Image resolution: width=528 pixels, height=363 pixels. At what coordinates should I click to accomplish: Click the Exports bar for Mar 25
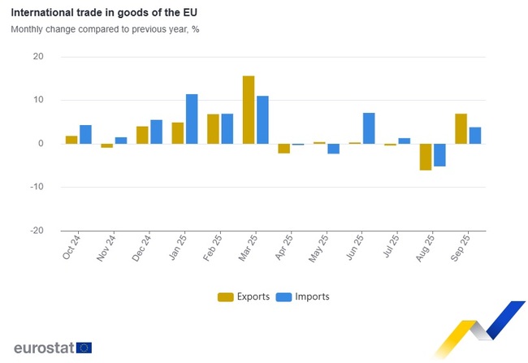[x=249, y=110]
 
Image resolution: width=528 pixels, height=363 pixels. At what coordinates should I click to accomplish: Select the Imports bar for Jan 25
[x=192, y=119]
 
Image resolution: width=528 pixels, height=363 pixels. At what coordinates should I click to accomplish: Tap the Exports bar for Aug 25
[x=425, y=157]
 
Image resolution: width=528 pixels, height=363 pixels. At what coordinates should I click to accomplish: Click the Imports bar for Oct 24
[x=85, y=134]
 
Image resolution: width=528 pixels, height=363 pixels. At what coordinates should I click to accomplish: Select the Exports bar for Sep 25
[x=461, y=128]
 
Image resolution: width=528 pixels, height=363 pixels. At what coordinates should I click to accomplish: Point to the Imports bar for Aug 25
[x=439, y=155]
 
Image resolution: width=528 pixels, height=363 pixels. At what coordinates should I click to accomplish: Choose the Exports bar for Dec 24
[x=142, y=135]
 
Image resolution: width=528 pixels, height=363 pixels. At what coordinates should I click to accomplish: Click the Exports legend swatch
[x=225, y=297]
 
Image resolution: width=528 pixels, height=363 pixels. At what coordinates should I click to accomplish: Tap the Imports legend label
[x=313, y=297]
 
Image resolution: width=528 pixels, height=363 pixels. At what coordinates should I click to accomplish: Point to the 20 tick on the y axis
[x=38, y=57]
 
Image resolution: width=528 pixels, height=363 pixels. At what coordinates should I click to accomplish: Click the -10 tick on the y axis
[x=36, y=187]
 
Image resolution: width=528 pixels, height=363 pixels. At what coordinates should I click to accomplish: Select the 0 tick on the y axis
[x=41, y=144]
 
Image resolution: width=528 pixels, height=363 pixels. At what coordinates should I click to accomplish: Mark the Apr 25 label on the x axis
[x=284, y=247]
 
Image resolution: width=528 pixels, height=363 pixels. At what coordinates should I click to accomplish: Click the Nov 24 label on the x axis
[x=106, y=247]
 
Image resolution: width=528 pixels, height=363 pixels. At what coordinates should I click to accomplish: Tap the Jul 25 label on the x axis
[x=390, y=247]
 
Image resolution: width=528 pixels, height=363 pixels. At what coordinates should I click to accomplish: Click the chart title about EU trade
[x=103, y=14]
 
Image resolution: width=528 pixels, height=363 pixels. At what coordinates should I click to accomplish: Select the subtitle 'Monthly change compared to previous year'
[x=105, y=29]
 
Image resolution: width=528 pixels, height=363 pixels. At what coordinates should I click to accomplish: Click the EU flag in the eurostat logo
[x=84, y=348]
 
